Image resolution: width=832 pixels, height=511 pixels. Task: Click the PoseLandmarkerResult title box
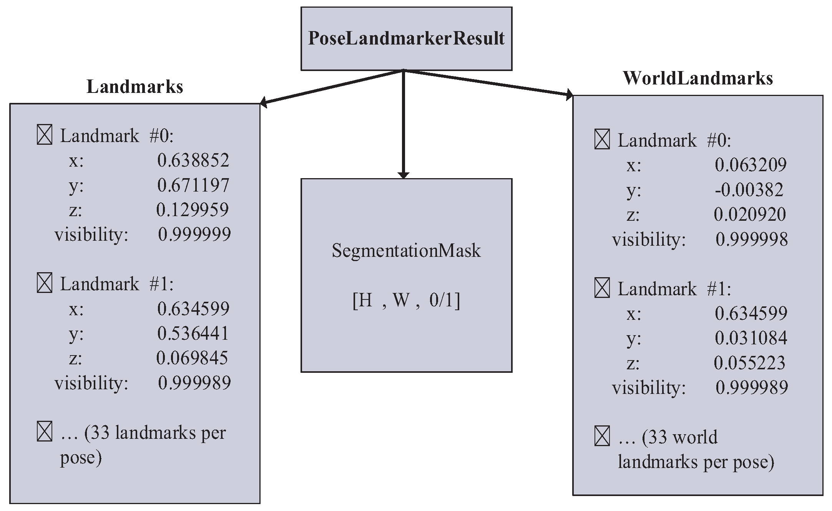pos(406,38)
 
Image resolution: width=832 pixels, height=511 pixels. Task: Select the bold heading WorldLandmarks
pos(697,78)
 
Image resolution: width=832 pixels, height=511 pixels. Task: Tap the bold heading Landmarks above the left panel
pos(135,87)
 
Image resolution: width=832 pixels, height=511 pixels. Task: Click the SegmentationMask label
pos(406,251)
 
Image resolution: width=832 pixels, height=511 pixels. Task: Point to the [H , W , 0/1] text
pos(406,300)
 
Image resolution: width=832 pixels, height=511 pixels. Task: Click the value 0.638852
pos(193,160)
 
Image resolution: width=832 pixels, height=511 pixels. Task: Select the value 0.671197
pos(193,185)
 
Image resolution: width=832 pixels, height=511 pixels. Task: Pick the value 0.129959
pos(193,210)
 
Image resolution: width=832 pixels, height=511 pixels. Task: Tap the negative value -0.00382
pos(749,190)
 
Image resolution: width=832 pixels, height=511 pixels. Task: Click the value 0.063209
pos(751,165)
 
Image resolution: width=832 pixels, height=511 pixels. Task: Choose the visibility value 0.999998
pos(752,239)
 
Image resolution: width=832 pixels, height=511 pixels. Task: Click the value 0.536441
pos(193,333)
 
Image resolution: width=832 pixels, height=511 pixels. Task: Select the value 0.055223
pos(749,363)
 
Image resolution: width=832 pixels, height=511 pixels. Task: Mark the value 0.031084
pos(751,338)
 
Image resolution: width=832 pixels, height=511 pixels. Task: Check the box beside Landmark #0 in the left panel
pos(45,135)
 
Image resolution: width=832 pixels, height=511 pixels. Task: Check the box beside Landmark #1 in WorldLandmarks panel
pos(602,288)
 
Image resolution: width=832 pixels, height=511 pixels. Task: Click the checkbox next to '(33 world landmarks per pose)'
pos(602,437)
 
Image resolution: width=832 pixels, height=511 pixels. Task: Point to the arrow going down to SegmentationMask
pos(403,127)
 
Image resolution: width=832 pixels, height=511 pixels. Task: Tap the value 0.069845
pos(192,358)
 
